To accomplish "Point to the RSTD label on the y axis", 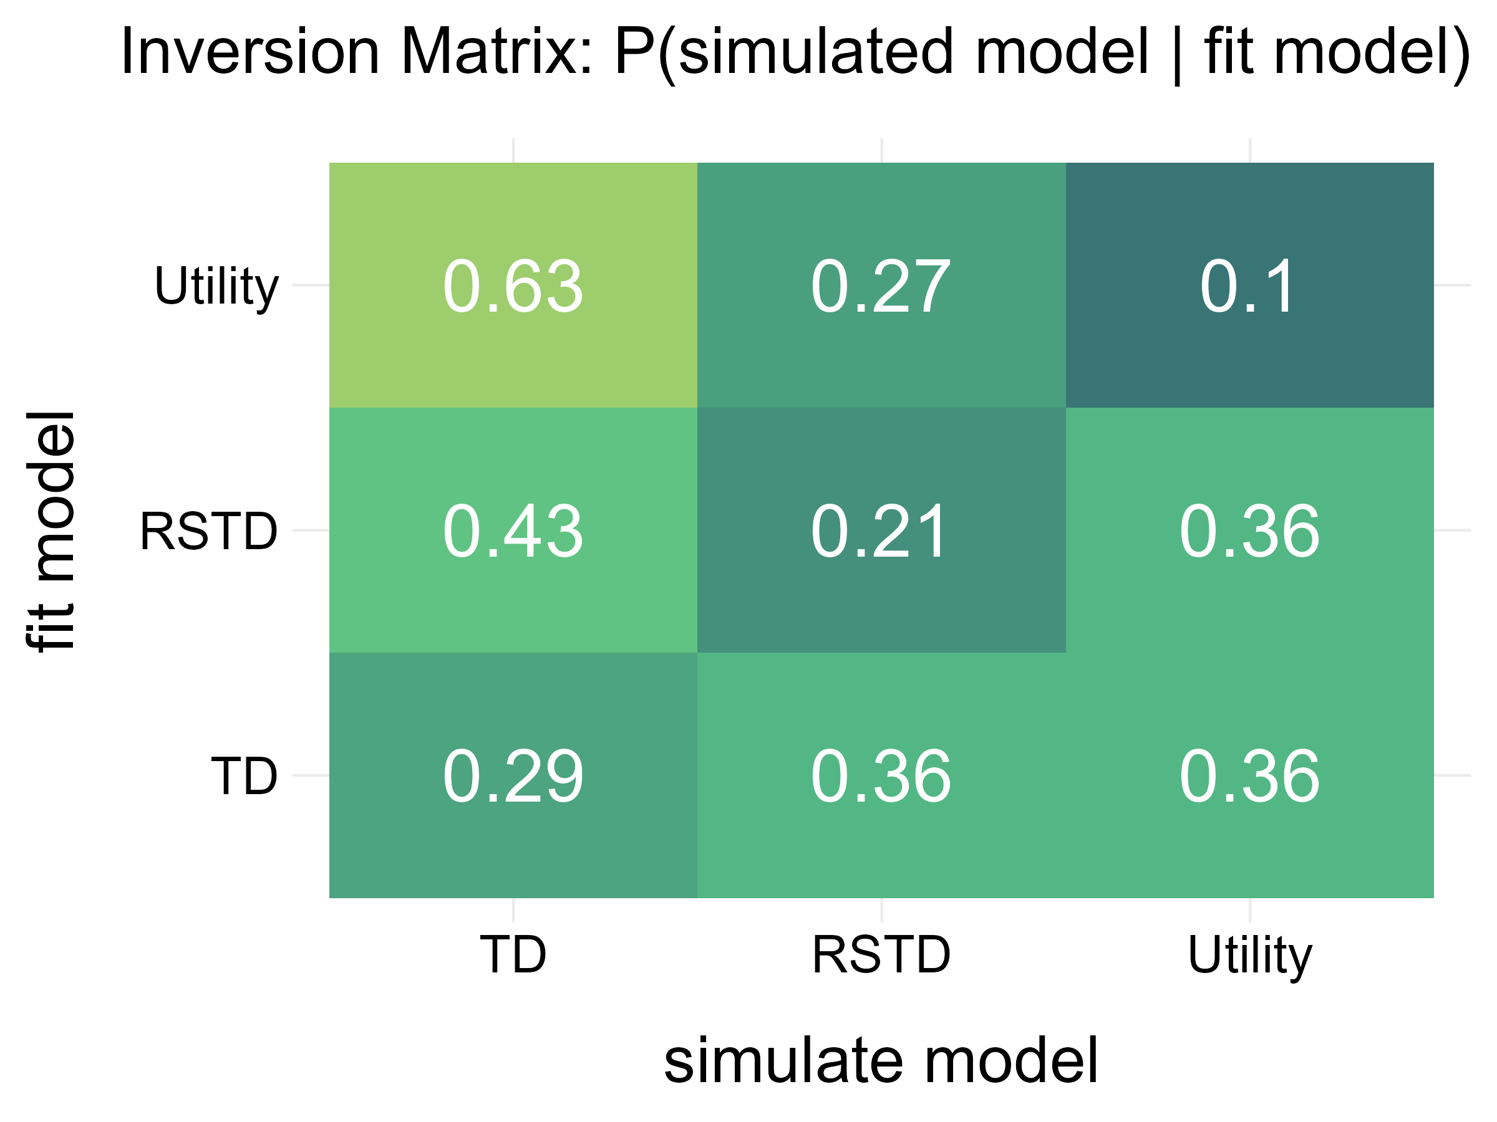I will [x=208, y=532].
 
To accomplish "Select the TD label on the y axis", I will [x=244, y=777].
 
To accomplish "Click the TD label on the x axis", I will [x=512, y=954].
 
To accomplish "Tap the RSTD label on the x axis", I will [x=881, y=954].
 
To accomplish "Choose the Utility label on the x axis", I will [x=1249, y=956].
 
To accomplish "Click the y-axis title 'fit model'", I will [x=51, y=532].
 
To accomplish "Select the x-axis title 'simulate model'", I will [x=881, y=1060].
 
